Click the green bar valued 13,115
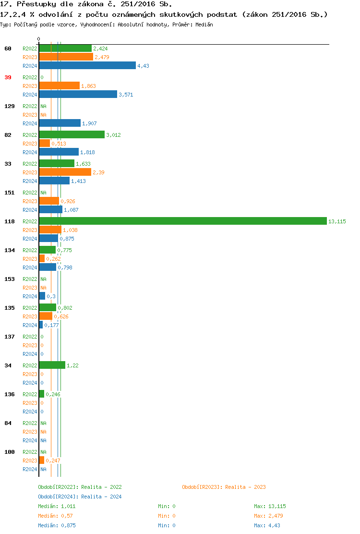[182, 221]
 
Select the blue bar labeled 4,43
[87, 66]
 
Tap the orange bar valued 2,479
[66, 57]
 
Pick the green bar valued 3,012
[72, 135]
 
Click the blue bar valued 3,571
[78, 95]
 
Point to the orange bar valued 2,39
[65, 172]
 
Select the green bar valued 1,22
[52, 365]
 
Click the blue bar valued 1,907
[60, 123]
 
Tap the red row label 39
[8, 77]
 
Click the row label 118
[9, 221]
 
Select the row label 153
[9, 279]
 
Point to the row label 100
[9, 452]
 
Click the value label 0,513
[59, 144]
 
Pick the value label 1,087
[71, 210]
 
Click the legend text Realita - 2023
[245, 487]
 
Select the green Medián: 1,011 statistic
[57, 506]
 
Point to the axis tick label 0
[38, 39]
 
